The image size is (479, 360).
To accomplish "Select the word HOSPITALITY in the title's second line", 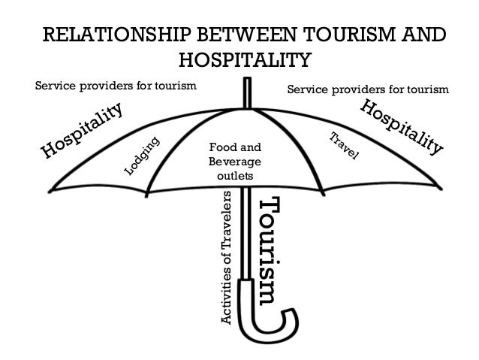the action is tap(245, 61).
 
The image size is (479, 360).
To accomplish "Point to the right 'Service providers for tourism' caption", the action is tap(369, 90).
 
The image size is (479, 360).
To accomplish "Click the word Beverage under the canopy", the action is tap(235, 162).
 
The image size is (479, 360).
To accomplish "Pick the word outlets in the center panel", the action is tap(235, 176).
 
